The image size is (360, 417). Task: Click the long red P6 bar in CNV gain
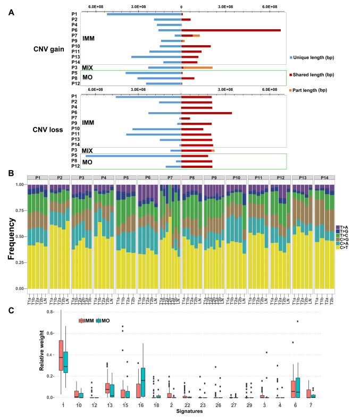(231, 30)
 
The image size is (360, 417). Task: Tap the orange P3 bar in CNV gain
(198, 67)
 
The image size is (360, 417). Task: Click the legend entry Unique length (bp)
(314, 57)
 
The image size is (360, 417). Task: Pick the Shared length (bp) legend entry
(314, 74)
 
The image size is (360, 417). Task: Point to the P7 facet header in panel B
(170, 177)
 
